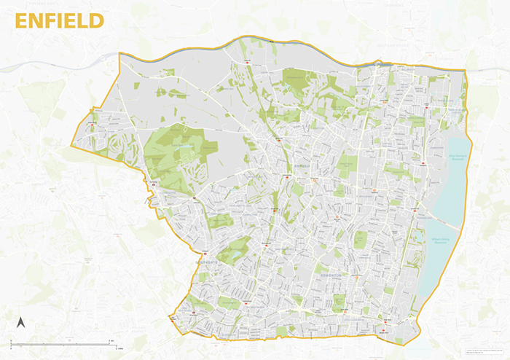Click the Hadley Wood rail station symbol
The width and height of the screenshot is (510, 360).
click(93, 125)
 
